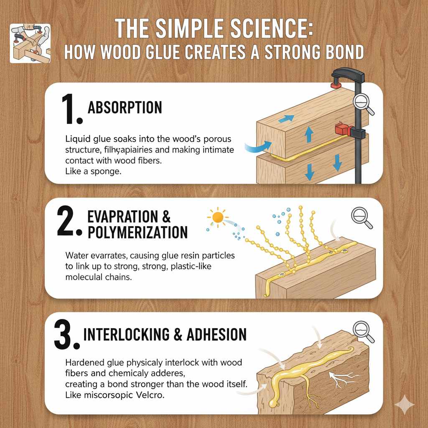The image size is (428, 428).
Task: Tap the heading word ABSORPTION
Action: pos(125,108)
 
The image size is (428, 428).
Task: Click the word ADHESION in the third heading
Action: pos(217,334)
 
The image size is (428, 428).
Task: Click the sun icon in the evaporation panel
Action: pos(218,217)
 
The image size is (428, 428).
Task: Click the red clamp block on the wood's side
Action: pos(341,130)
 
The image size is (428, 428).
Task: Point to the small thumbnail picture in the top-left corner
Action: pos(30,43)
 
